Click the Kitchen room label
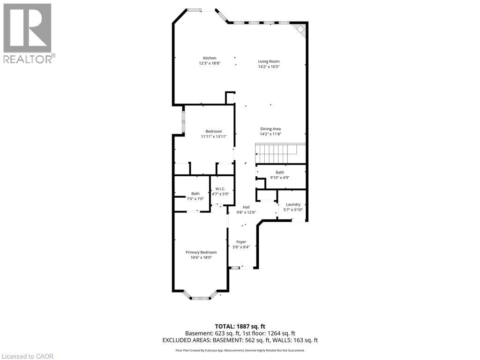tap(210, 58)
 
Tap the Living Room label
tap(269, 61)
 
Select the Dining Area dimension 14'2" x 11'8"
tap(270, 134)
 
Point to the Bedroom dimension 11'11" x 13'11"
tap(213, 136)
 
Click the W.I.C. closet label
tap(220, 189)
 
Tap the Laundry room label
tap(292, 204)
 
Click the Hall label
tap(246, 207)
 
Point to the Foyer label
tap(241, 242)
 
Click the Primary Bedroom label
tap(201, 252)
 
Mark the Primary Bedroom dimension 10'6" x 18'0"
tap(201, 257)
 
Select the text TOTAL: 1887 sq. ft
tap(240, 326)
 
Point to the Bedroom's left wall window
tap(184, 121)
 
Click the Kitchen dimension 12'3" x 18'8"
tap(210, 63)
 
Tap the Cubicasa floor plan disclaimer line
tap(240, 350)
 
